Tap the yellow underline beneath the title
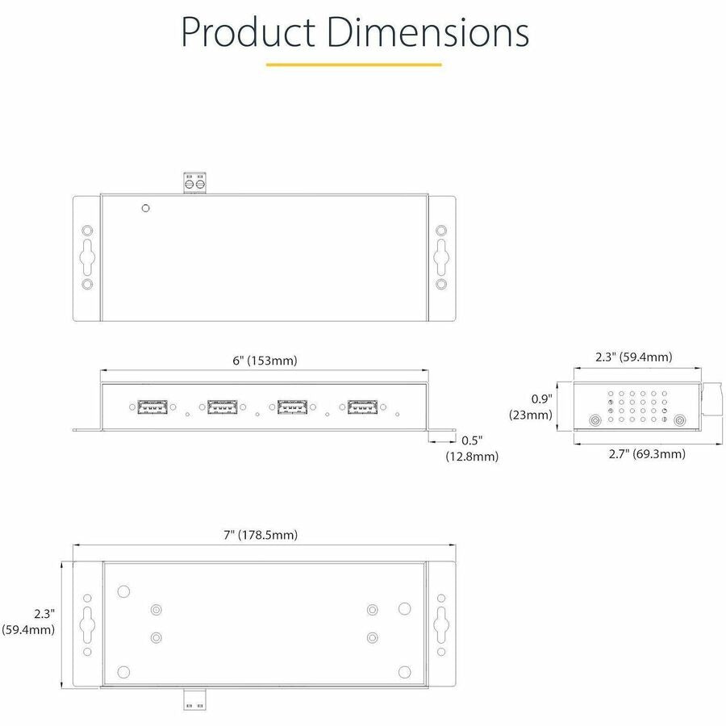pyautogui.click(x=353, y=65)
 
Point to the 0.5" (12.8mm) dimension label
pyautogui.click(x=472, y=449)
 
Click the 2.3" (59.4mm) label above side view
pyautogui.click(x=633, y=357)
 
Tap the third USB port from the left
pyautogui.click(x=291, y=408)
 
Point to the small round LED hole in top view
pyautogui.click(x=145, y=208)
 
